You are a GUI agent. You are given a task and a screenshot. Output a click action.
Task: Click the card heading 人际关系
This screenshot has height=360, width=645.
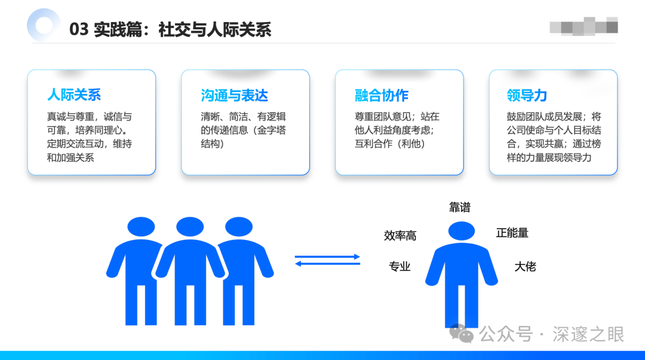pos(74,95)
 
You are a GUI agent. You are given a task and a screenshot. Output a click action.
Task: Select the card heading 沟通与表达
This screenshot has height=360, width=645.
pos(234,95)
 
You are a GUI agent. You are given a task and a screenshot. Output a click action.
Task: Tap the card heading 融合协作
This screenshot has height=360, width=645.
pos(382,95)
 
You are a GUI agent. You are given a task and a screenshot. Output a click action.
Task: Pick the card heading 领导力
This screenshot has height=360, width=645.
pos(527,95)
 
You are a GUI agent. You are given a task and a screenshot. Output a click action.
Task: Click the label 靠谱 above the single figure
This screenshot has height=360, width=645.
pos(460,207)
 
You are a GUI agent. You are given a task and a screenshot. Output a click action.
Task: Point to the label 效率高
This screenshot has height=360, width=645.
pos(400,236)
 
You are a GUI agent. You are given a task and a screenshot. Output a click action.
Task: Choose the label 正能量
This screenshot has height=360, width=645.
pos(512,233)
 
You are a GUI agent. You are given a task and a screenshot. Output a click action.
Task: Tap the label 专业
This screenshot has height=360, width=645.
pos(400,266)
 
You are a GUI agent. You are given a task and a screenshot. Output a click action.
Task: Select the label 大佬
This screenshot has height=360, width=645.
pos(526,266)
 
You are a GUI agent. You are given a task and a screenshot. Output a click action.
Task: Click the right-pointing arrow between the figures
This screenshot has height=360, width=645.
pos(328,257)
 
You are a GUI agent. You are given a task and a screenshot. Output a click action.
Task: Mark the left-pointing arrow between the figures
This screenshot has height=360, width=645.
pos(328,264)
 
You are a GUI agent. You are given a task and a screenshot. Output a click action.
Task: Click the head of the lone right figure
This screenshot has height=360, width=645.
pos(462,231)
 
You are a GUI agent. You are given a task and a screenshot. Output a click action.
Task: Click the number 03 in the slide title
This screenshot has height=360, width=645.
pos(79,30)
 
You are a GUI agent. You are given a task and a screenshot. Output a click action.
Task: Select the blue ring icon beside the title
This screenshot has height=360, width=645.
pos(44,25)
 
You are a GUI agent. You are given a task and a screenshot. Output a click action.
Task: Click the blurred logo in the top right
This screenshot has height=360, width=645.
pos(583,26)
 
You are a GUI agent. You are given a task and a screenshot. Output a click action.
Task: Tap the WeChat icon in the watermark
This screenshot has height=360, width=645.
pos(462,334)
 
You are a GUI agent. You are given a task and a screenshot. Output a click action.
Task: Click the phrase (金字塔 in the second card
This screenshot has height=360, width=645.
pos(269,130)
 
